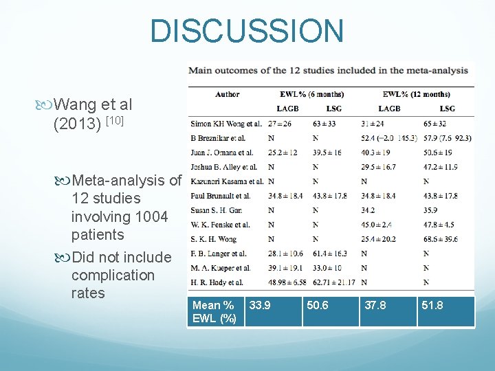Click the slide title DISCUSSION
(x=247, y=31)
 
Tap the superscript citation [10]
(x=115, y=121)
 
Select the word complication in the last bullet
(x=113, y=275)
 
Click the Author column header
(x=227, y=94)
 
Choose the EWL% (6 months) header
(x=311, y=94)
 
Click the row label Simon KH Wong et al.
(x=226, y=124)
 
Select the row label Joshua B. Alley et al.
(x=224, y=167)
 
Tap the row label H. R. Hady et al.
(x=217, y=282)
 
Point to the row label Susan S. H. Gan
(x=216, y=210)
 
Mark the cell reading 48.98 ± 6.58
(x=287, y=282)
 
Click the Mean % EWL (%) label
(x=214, y=311)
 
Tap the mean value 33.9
(x=260, y=305)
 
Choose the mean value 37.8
(x=375, y=305)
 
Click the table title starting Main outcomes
(x=331, y=70)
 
